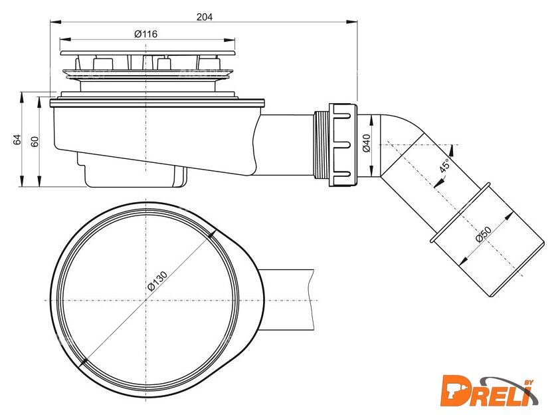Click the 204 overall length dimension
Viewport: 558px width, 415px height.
[x=205, y=17]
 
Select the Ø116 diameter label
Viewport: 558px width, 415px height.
[x=146, y=34]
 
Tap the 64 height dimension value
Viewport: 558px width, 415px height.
[x=17, y=139]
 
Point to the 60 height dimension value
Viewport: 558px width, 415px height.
[x=34, y=142]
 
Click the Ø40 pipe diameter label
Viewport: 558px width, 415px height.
[x=366, y=143]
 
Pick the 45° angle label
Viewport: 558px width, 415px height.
[x=445, y=166]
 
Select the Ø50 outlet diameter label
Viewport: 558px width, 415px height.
[x=484, y=234]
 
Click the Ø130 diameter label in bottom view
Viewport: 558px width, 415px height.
[x=157, y=281]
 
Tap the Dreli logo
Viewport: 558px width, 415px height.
[x=490, y=391]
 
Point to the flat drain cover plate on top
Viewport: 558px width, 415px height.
[x=147, y=53]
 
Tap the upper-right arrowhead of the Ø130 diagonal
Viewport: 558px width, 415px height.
[x=212, y=234]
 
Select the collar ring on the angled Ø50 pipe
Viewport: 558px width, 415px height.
[x=460, y=213]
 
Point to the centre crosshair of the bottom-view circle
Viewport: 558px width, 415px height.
[x=146, y=301]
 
